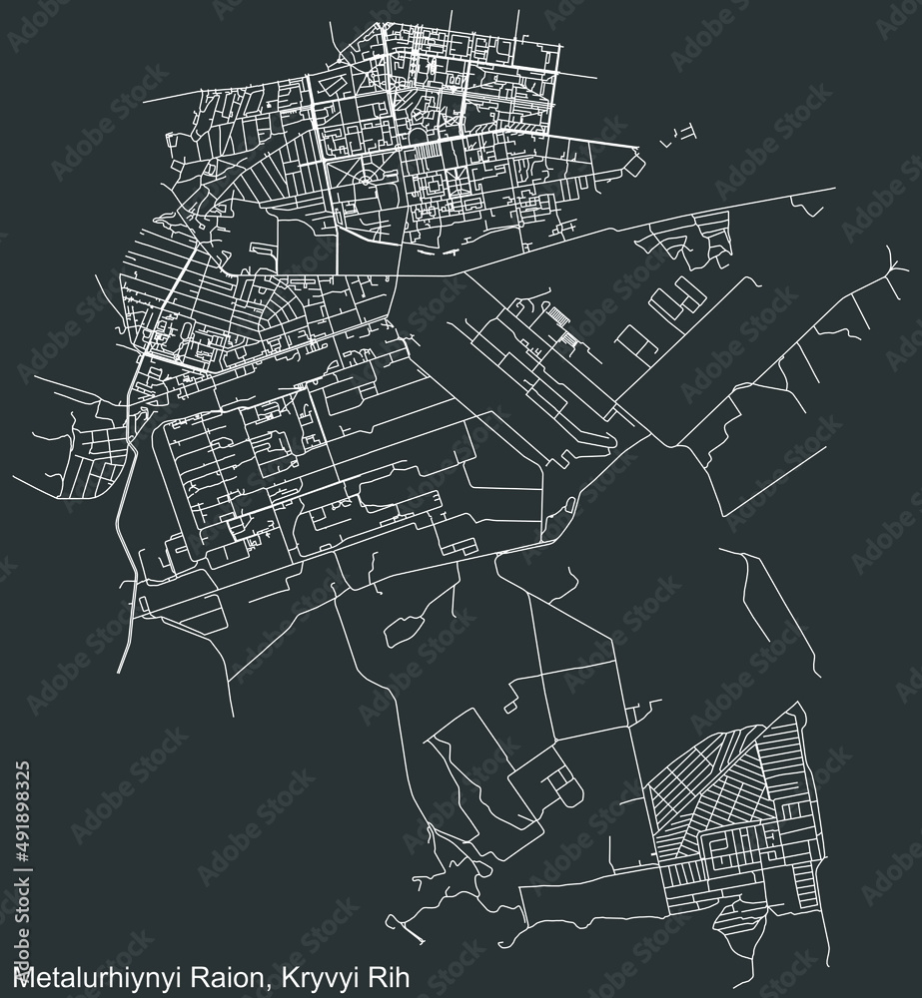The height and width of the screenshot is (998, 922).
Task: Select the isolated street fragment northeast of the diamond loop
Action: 683,131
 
